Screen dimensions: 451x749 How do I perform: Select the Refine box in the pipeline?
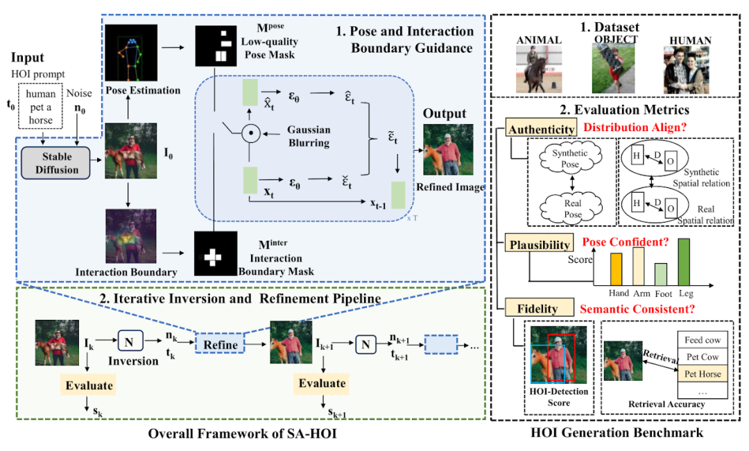tap(221, 344)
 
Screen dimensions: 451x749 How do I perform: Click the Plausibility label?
tap(538, 244)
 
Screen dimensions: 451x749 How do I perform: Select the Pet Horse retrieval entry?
tap(703, 374)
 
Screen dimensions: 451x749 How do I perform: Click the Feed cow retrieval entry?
tap(703, 340)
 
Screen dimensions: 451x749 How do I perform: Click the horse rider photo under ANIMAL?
tap(539, 69)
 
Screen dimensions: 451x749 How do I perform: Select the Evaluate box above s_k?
tap(89, 384)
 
